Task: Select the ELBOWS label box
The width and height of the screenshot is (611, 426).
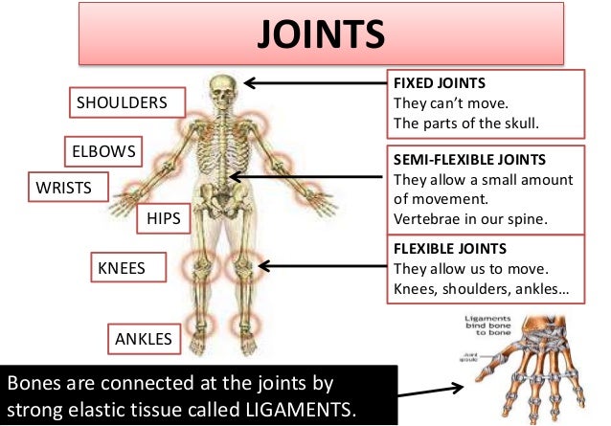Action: point(103,152)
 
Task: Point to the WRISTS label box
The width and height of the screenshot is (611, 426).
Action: point(64,188)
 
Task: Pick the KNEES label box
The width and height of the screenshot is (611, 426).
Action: point(122,268)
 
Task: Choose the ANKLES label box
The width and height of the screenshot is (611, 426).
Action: point(144,339)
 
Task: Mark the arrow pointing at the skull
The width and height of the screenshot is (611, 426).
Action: point(312,82)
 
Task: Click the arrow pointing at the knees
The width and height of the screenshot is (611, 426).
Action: point(322,266)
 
